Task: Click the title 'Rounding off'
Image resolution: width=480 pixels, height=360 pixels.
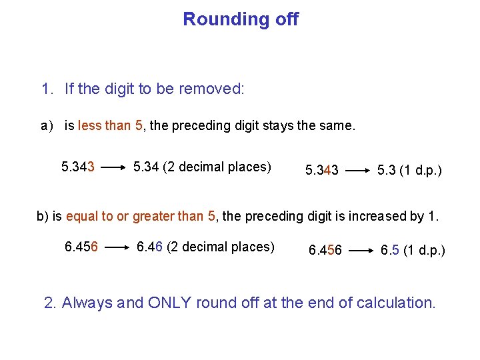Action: coord(241,19)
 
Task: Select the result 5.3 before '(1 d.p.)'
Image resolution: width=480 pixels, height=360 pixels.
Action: coord(386,171)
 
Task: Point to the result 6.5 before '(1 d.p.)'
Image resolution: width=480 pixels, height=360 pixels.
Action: coord(389,251)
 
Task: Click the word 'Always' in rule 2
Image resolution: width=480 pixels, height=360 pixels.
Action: coord(87,303)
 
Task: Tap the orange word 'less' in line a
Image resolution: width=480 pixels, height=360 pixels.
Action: coord(90,125)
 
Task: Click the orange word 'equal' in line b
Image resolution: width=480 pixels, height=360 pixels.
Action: coord(81,216)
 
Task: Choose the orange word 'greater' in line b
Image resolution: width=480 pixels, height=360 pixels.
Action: coord(154,216)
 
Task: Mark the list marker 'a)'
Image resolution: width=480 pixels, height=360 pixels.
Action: coord(47,125)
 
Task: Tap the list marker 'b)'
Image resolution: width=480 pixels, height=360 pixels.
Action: coord(43,216)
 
